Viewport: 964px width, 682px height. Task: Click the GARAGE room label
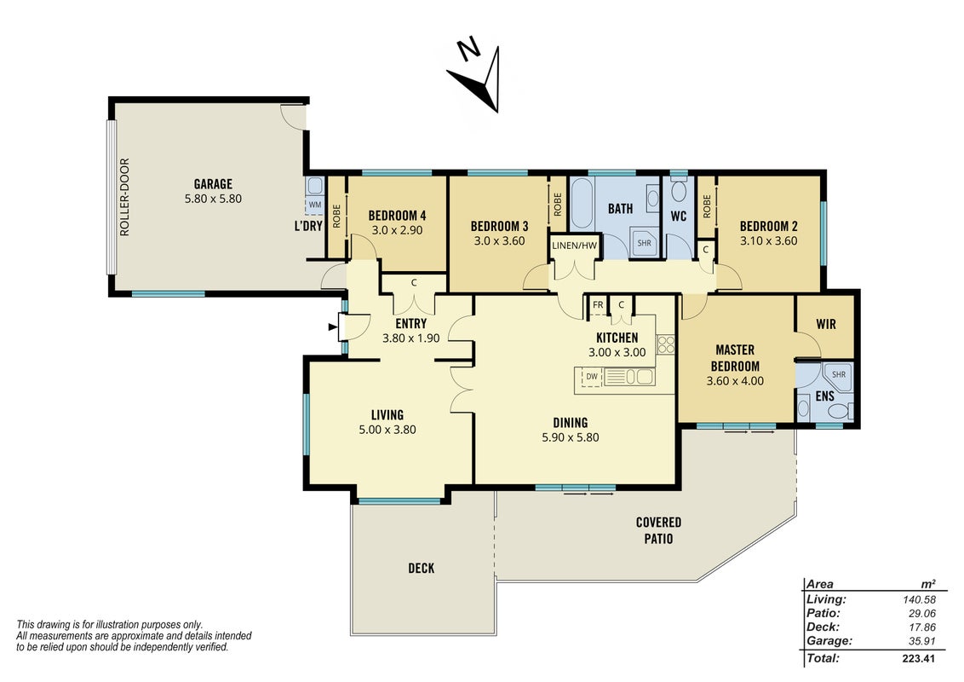[x=213, y=183]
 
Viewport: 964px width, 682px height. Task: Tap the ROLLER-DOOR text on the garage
[x=125, y=197]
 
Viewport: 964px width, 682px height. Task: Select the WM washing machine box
[x=315, y=205]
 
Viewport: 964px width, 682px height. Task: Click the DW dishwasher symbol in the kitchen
[x=592, y=377]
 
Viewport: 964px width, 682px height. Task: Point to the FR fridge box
[x=598, y=305]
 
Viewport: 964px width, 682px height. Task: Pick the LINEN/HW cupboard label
[x=574, y=246]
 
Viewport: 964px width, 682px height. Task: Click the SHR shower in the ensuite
[x=839, y=375]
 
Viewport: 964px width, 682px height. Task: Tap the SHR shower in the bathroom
[x=644, y=243]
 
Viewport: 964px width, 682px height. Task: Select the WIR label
[x=826, y=324]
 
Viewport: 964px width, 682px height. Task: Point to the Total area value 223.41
[x=919, y=659]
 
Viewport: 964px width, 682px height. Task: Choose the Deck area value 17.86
[x=921, y=627]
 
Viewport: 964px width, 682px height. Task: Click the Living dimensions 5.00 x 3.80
[x=387, y=430]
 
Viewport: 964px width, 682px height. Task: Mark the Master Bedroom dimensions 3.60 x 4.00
[x=735, y=381]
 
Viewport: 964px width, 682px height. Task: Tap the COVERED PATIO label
[x=658, y=530]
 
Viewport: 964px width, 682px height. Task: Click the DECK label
[x=422, y=568]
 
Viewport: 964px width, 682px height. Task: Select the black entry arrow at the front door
[x=333, y=327]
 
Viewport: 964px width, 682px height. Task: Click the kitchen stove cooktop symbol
[x=665, y=344]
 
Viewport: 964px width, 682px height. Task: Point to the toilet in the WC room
[x=679, y=189]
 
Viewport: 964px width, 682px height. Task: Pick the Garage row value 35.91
[x=921, y=641]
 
